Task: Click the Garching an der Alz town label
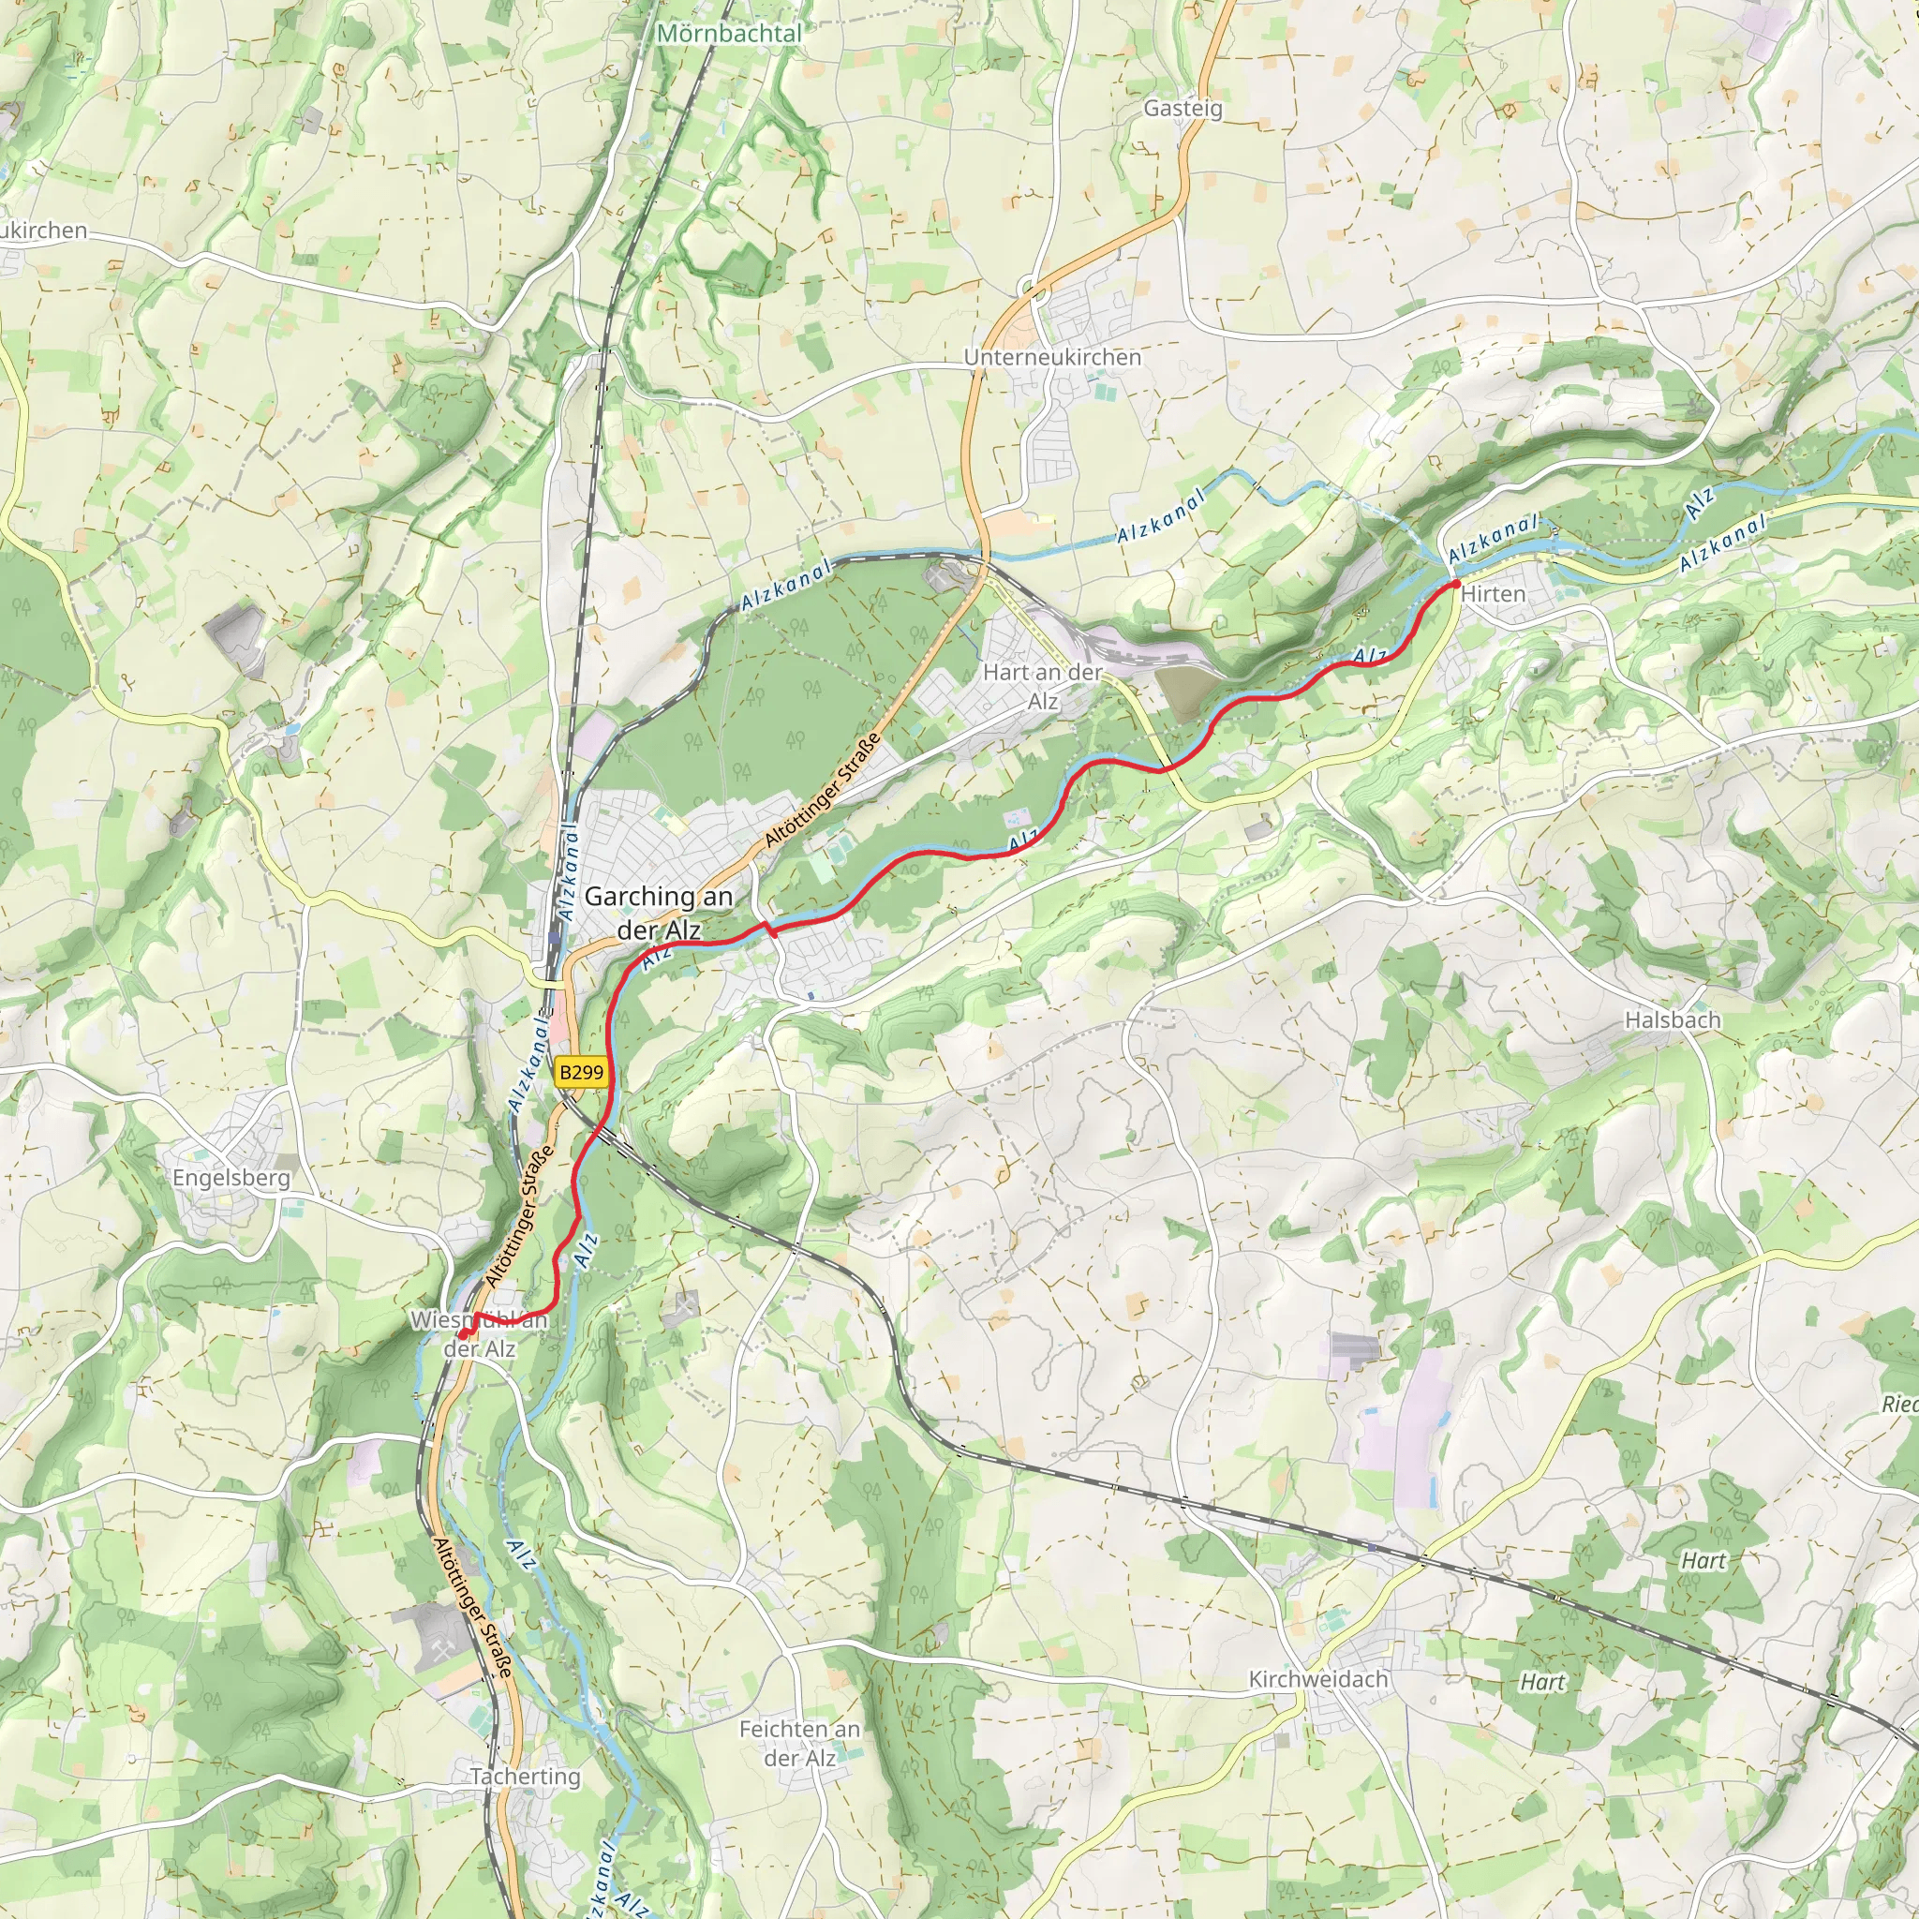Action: [x=658, y=912]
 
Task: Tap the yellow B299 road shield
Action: [x=581, y=1072]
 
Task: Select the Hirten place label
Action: [x=1493, y=594]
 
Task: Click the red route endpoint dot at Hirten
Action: [x=1456, y=584]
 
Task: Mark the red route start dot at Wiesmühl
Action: [x=463, y=1334]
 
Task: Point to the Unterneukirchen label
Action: [x=1052, y=357]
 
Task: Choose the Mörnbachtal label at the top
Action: [x=729, y=33]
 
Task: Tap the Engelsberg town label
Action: [x=231, y=1178]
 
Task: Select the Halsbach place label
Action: [x=1673, y=1020]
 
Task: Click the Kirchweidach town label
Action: [x=1318, y=1678]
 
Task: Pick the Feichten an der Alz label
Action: [x=799, y=1743]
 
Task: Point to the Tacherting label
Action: [x=526, y=1776]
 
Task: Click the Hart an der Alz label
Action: [x=1042, y=686]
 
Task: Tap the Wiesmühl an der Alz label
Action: [x=480, y=1334]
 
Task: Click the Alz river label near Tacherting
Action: [x=520, y=1555]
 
